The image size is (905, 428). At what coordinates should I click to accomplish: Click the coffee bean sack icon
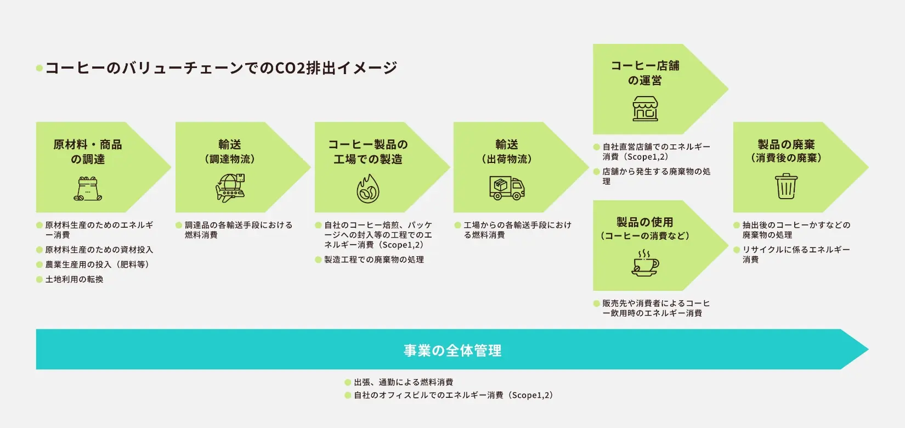88,189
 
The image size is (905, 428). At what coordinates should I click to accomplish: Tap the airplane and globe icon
230,188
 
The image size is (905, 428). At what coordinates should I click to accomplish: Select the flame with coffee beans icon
368,189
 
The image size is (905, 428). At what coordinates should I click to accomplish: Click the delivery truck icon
507,188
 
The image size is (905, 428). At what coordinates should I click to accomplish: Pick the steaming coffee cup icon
645,263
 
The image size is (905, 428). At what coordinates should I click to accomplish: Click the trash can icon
786,187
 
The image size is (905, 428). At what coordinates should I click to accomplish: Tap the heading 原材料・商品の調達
88,151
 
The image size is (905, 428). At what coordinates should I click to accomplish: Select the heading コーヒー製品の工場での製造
368,151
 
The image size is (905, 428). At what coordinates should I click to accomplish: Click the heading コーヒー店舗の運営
645,73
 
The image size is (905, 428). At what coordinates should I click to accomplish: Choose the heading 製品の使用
645,222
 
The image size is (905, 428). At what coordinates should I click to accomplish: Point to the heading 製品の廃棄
786,144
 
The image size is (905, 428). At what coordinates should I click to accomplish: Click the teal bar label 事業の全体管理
452,350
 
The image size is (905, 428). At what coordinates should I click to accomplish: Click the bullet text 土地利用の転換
74,279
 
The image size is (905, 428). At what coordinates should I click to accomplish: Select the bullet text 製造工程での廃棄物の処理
374,260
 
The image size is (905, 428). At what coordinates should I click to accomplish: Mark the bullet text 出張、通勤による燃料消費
403,382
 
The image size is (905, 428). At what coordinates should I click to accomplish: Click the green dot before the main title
39,69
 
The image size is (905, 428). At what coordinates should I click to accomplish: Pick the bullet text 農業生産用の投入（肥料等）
97,264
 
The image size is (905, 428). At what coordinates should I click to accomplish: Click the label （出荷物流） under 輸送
507,159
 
